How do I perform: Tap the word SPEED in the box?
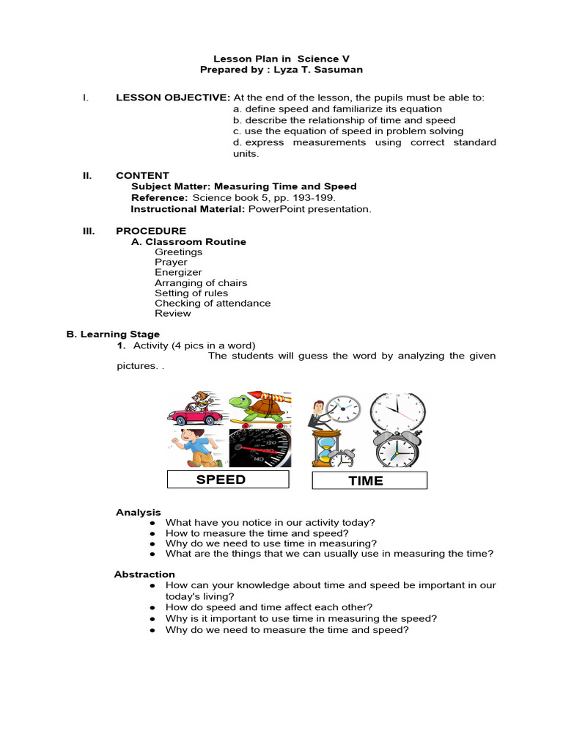[221, 480]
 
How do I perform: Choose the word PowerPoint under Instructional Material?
[276, 209]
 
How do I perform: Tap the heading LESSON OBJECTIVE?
[173, 98]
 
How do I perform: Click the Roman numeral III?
[89, 231]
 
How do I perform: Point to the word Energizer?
[178, 272]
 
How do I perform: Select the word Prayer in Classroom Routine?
[171, 262]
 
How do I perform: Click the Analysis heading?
[138, 512]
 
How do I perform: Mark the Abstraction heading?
[144, 574]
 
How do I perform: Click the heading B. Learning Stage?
[113, 334]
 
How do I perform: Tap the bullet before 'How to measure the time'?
[152, 533]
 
